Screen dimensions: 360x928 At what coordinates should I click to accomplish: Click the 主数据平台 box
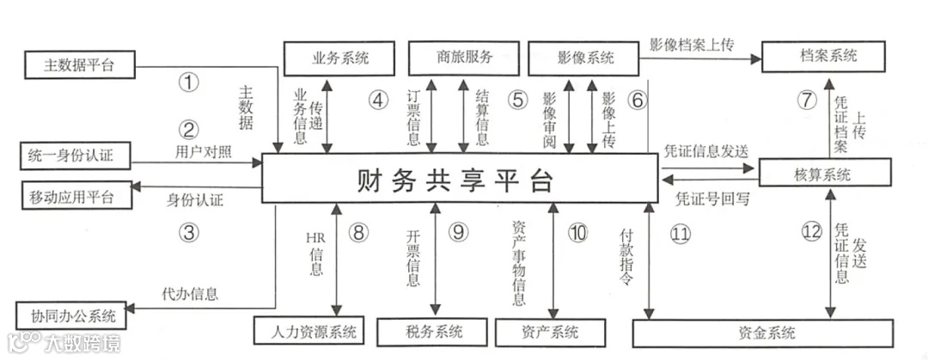click(78, 65)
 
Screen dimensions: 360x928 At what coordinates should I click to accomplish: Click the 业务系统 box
click(339, 58)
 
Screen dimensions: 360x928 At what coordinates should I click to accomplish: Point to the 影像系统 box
click(584, 58)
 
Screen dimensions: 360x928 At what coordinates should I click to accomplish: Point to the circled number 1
click(188, 82)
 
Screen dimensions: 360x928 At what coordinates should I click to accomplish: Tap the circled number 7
click(805, 100)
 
